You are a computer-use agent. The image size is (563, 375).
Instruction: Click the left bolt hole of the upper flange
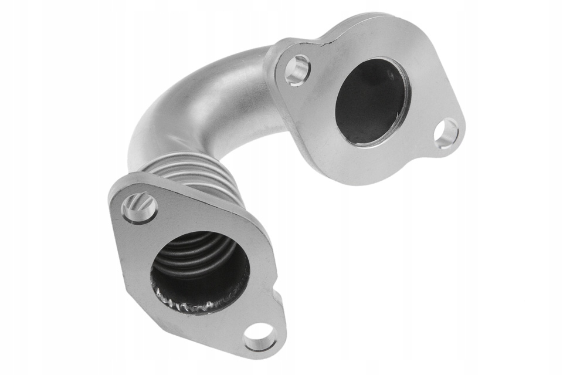(297, 70)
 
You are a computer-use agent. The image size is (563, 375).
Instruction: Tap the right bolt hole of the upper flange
(447, 133)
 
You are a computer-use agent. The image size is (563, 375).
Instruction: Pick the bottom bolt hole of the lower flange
(260, 337)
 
